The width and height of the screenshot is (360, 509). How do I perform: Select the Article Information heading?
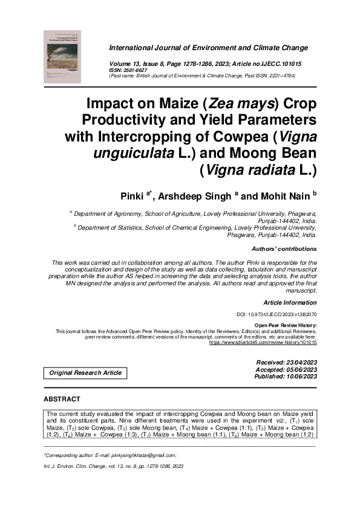pyautogui.click(x=290, y=302)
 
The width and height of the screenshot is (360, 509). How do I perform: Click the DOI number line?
pyautogui.click(x=276, y=315)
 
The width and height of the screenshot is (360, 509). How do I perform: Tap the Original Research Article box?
pyautogui.click(x=85, y=373)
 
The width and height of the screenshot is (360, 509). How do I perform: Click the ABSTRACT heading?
pyautogui.click(x=62, y=400)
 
